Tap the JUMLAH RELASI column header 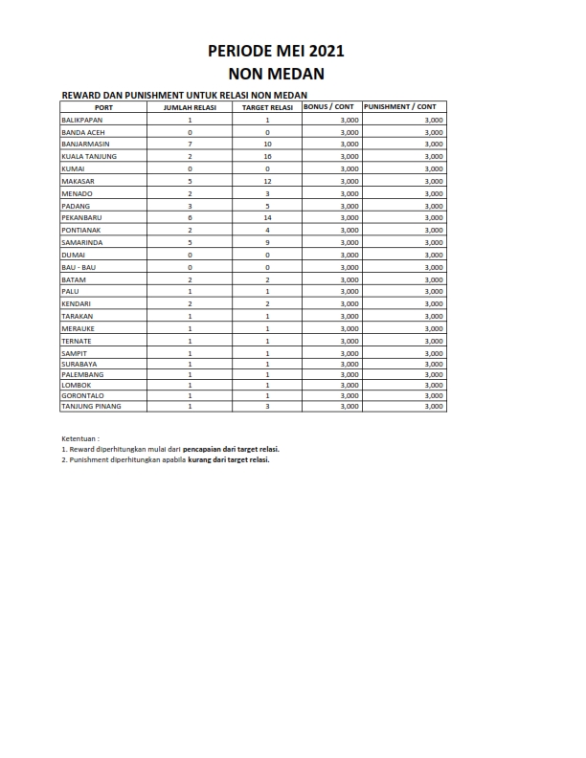click(191, 107)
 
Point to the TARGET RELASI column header click(267, 107)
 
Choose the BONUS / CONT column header click(331, 106)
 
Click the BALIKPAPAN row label click(82, 120)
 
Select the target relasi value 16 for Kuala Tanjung click(268, 156)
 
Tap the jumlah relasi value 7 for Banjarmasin click(191, 144)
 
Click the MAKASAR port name click(78, 181)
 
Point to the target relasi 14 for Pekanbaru click(268, 217)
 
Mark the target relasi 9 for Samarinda click(268, 242)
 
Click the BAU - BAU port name click(79, 267)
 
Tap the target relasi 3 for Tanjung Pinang click(268, 407)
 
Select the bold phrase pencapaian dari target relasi click(237, 448)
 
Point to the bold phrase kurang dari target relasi click(229, 459)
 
